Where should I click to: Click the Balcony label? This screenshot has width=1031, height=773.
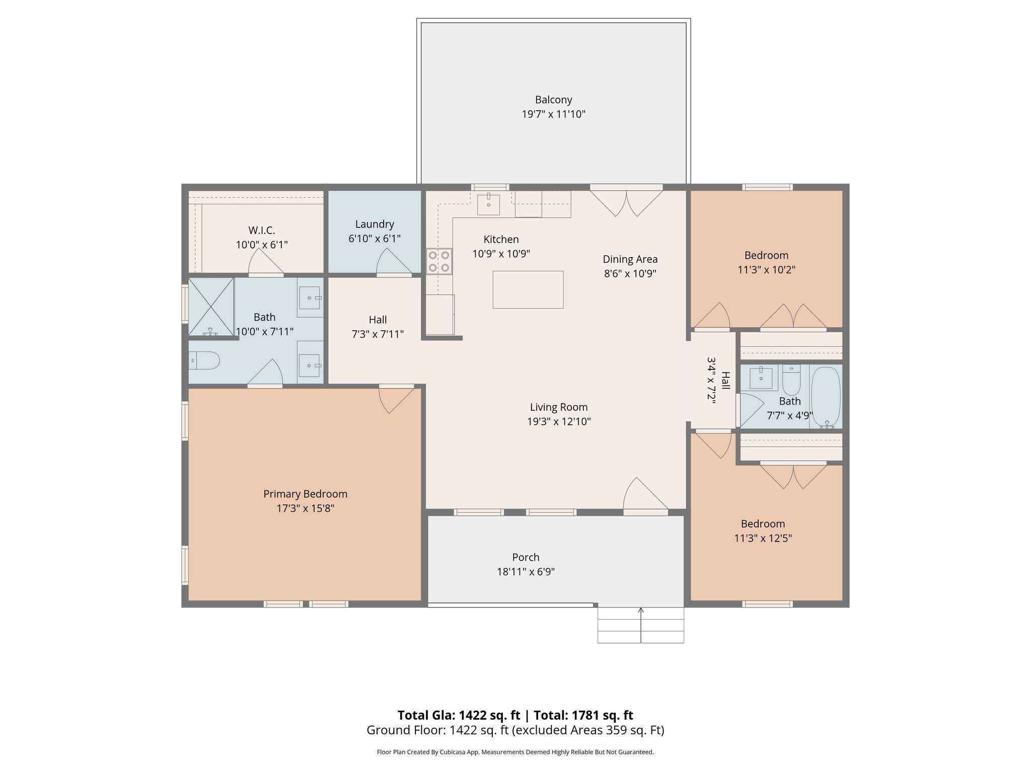click(553, 100)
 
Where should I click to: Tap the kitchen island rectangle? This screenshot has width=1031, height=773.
click(528, 289)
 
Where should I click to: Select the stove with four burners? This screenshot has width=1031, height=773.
click(439, 261)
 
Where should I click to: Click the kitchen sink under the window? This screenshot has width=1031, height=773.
click(488, 204)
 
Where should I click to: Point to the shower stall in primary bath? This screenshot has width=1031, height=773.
click(210, 306)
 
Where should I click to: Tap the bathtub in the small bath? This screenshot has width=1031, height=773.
click(826, 398)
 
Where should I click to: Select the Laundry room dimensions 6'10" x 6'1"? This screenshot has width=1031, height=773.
click(375, 239)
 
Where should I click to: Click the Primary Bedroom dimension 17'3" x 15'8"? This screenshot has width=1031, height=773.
click(305, 508)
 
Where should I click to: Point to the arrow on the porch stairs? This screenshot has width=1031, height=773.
click(641, 611)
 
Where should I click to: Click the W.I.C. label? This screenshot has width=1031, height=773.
click(262, 230)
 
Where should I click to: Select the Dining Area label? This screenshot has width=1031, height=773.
click(630, 259)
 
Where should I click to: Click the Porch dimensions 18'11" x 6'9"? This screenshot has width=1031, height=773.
click(526, 572)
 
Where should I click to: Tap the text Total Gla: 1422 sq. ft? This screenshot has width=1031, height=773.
click(459, 715)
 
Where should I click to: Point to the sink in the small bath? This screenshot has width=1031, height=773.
click(761, 377)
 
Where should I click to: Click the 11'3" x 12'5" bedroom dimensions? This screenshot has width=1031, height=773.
click(763, 538)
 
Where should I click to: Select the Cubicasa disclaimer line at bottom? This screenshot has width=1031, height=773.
click(515, 752)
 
